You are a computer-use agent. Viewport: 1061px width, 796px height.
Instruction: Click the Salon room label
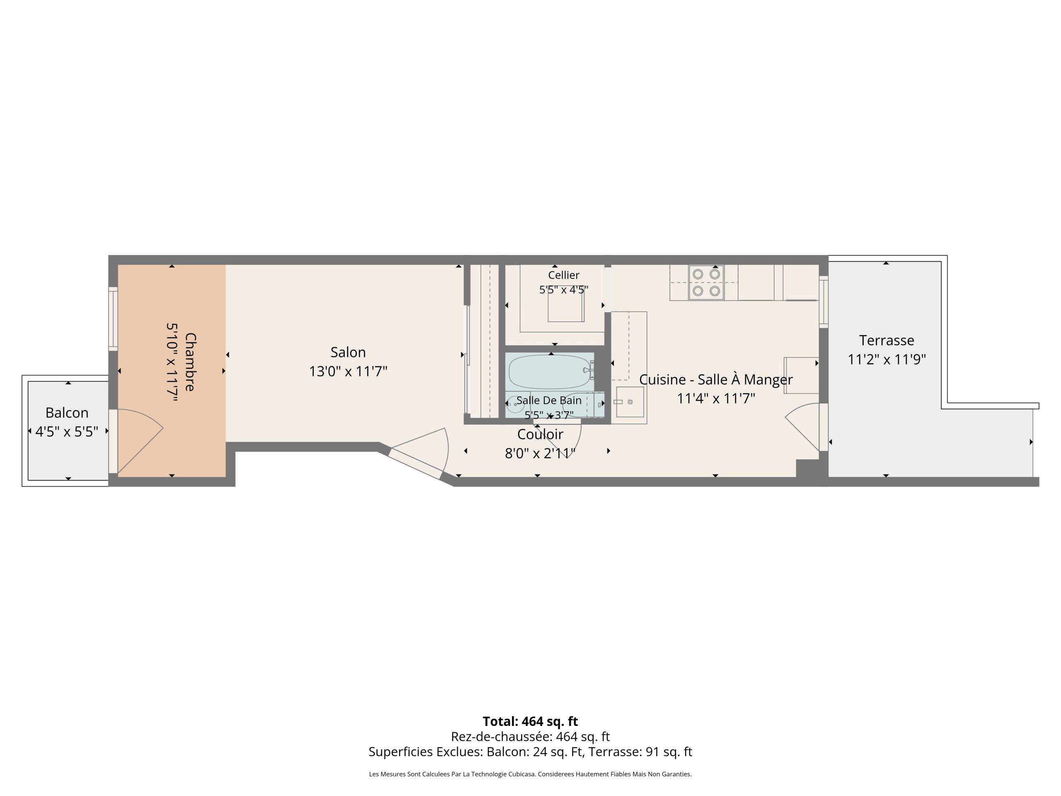(348, 352)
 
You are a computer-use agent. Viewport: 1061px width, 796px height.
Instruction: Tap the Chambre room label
(190, 362)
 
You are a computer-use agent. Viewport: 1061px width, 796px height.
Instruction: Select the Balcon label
(67, 413)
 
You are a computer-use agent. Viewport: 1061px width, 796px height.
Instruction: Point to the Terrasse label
(887, 340)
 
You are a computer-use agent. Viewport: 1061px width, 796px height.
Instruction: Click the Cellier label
(564, 275)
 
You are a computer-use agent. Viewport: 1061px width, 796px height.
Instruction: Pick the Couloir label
(540, 434)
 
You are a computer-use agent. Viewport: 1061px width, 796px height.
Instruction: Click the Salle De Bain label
(549, 400)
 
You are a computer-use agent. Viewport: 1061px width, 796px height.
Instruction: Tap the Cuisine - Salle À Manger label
(716, 379)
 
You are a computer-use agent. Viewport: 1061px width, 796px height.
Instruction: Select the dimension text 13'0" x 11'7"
(348, 371)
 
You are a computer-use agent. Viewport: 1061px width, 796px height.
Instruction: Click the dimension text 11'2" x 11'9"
(887, 359)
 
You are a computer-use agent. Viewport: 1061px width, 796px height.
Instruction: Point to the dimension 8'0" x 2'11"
(540, 454)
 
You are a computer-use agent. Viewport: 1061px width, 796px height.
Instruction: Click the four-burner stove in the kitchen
(706, 283)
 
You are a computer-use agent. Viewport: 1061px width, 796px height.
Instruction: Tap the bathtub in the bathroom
(550, 372)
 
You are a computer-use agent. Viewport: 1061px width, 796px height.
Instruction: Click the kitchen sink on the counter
(630, 402)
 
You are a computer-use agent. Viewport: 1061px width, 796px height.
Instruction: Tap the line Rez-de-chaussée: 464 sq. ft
(530, 736)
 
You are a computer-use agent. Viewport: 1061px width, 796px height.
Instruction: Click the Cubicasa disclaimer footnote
(530, 774)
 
